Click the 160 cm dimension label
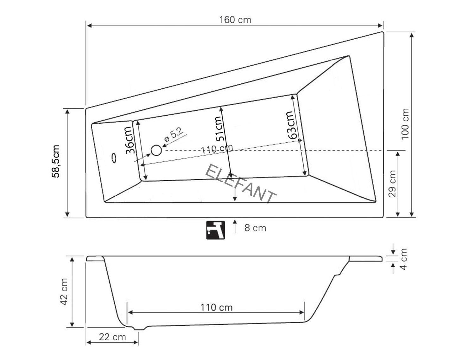(x=235, y=20)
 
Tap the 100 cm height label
(x=405, y=124)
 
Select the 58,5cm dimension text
(x=56, y=161)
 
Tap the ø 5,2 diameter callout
(x=173, y=136)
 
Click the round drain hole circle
(x=156, y=151)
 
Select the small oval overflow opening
(x=114, y=158)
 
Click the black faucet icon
(x=215, y=230)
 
